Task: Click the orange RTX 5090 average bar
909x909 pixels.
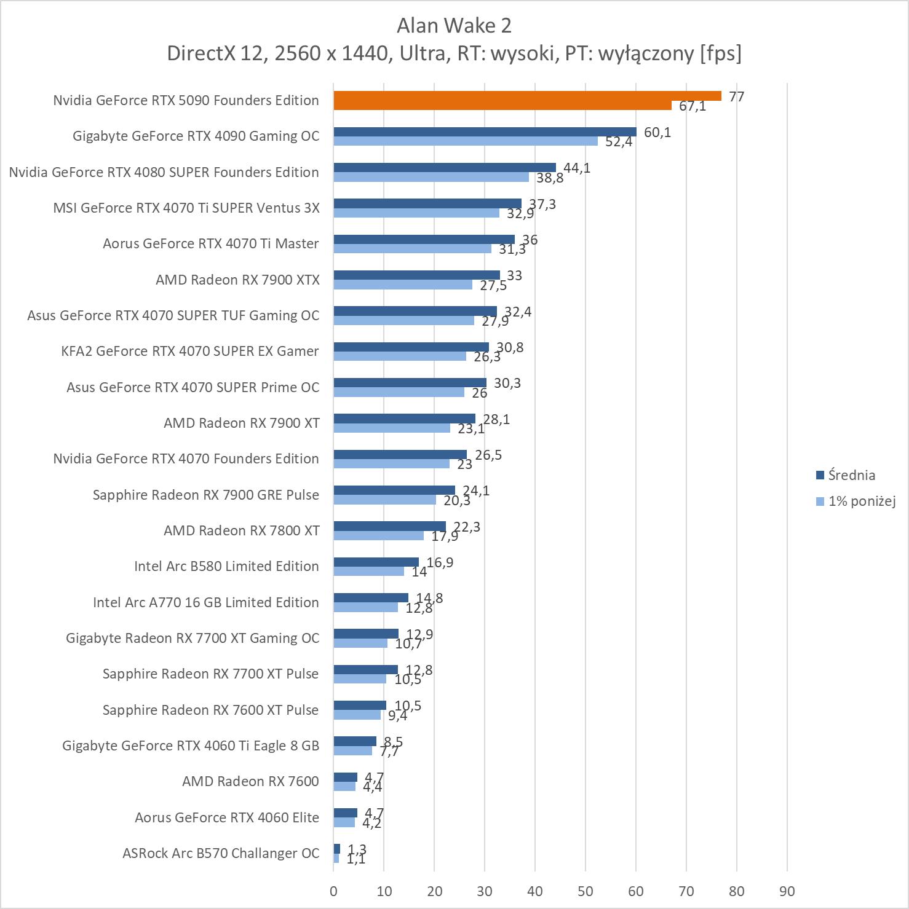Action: point(527,96)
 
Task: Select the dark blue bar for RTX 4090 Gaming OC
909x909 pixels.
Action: point(485,132)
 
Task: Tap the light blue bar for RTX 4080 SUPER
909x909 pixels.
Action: point(431,177)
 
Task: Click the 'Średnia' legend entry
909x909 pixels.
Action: point(851,475)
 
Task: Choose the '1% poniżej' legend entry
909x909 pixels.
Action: point(861,502)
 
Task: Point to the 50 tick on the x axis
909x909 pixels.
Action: point(585,891)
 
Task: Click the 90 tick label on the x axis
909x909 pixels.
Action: point(787,891)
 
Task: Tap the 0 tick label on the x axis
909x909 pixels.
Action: point(333,891)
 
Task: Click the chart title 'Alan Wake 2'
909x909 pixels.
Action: point(454,26)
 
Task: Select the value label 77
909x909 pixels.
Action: point(736,96)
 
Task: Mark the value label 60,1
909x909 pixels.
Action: point(657,132)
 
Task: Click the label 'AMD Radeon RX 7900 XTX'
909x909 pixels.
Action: point(237,280)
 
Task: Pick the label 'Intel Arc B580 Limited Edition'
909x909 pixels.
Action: point(226,567)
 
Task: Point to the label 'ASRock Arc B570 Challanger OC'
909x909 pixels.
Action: point(221,854)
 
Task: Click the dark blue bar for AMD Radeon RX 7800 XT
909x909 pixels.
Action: point(389,526)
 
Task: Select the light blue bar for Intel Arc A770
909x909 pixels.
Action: point(365,607)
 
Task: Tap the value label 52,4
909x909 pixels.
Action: point(619,142)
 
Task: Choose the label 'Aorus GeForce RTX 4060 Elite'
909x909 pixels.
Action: point(227,818)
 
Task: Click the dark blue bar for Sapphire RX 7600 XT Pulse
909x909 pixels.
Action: point(360,706)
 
